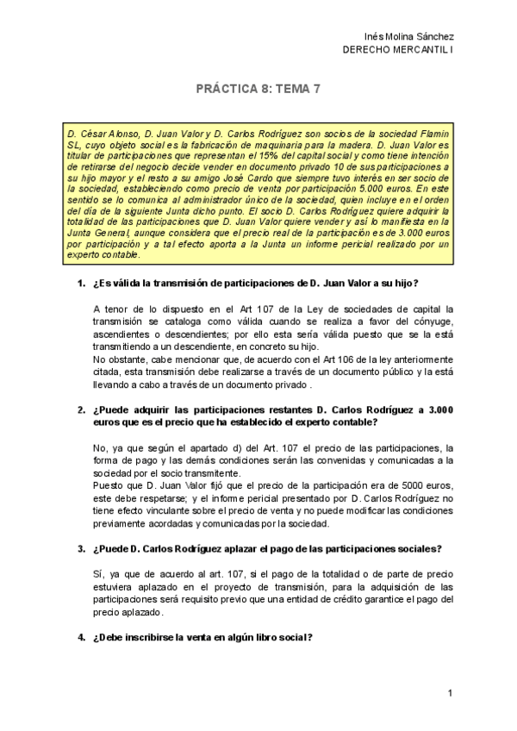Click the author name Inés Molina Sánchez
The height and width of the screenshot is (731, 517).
410,36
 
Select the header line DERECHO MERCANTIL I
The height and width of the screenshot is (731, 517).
398,49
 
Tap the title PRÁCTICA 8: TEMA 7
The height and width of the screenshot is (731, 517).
258,89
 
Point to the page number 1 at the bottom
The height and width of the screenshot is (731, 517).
450,694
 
